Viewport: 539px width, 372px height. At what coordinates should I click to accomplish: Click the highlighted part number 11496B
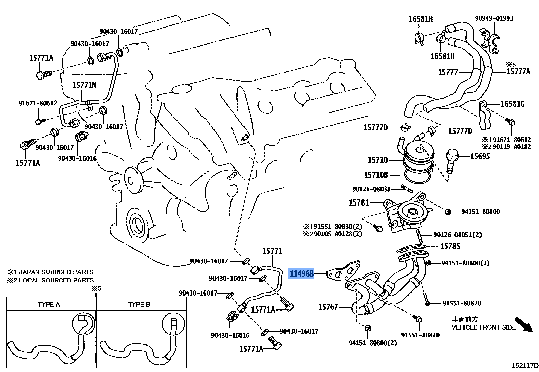click(301, 273)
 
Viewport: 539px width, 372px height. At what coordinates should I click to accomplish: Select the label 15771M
click(84, 85)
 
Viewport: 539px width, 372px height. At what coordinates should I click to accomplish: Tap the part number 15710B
click(376, 175)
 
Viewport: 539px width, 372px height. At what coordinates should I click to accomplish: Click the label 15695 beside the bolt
click(480, 156)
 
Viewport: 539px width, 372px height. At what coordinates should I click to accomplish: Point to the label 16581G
click(513, 104)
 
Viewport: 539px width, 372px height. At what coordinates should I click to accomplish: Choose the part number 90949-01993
click(494, 18)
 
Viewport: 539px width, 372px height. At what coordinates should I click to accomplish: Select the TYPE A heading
click(49, 304)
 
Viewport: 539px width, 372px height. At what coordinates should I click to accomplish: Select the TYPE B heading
click(139, 304)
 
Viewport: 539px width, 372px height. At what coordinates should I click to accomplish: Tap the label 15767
click(328, 307)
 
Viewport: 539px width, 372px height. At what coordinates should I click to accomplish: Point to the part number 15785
click(450, 246)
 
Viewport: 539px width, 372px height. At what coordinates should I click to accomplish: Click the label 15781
click(359, 202)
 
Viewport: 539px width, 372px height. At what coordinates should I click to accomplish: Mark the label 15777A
click(518, 71)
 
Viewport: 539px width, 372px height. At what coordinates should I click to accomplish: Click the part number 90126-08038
click(371, 189)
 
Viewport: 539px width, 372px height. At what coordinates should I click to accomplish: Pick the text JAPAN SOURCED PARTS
click(56, 272)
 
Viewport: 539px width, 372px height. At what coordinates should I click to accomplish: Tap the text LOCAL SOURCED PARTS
click(56, 280)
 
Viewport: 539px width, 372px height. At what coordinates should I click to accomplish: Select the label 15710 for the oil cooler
click(377, 160)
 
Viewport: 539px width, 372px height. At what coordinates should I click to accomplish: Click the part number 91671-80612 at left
click(38, 103)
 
